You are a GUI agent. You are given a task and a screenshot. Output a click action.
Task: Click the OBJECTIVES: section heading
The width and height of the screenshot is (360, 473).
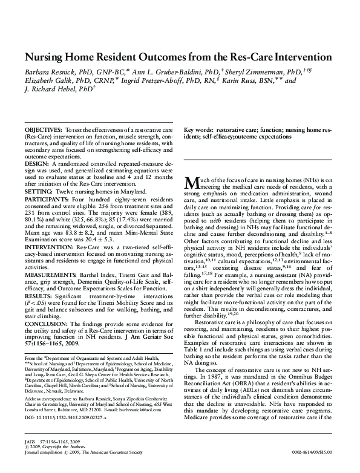coord(43,131)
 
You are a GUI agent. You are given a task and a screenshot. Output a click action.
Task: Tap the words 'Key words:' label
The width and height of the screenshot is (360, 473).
coord(198,131)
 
